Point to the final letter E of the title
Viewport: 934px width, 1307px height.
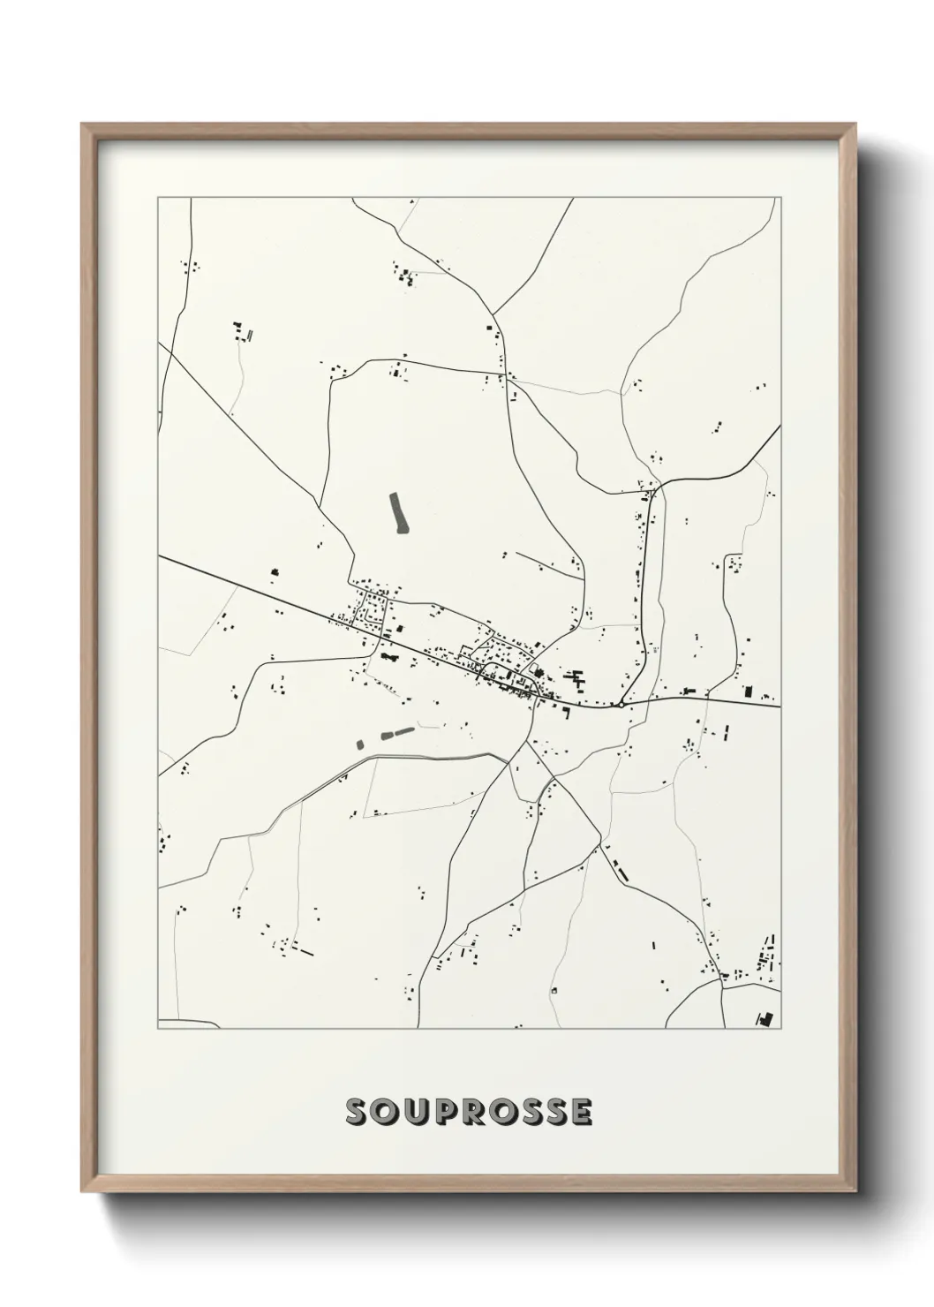click(x=582, y=1113)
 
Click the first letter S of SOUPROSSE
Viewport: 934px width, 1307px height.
click(x=358, y=1113)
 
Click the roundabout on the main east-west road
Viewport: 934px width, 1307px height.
click(x=621, y=705)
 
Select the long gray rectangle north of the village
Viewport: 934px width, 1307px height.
click(x=399, y=513)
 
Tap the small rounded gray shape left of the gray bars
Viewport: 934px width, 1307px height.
click(x=359, y=744)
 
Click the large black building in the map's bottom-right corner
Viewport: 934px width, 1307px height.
click(x=765, y=1018)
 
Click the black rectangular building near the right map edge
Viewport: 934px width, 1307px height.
click(x=749, y=691)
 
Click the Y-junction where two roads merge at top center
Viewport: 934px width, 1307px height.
click(x=493, y=314)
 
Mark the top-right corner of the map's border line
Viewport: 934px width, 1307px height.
click(x=780, y=198)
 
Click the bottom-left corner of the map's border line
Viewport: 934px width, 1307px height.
click(x=158, y=1029)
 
